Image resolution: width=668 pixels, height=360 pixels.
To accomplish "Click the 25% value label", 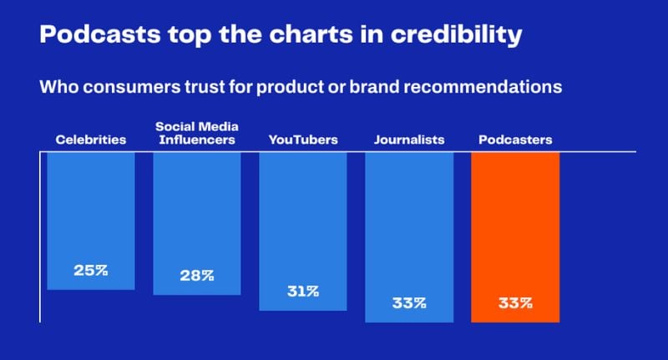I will click(91, 271).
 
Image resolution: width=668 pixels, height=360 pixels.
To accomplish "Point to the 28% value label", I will click(196, 276).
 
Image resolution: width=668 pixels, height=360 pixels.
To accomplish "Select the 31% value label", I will click(302, 292).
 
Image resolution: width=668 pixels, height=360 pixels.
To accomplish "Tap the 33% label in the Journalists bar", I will click(409, 303).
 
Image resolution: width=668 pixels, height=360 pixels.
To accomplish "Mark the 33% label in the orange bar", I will click(515, 303).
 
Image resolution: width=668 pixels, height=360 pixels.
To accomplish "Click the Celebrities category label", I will click(91, 139).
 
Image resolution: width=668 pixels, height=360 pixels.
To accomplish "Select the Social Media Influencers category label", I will click(196, 133).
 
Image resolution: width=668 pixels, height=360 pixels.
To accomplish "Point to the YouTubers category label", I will click(303, 139).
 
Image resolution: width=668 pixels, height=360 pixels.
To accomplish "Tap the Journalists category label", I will click(409, 139).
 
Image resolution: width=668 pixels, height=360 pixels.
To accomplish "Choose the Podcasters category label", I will click(515, 139).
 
